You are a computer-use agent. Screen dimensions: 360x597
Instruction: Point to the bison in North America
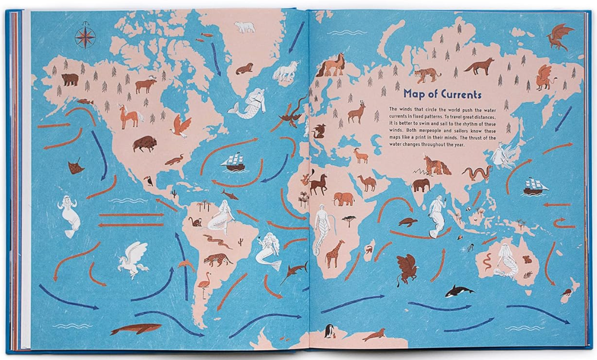point(144,143)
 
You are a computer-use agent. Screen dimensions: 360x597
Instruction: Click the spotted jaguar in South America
point(218,259)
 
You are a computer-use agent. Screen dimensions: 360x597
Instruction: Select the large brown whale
point(135,330)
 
